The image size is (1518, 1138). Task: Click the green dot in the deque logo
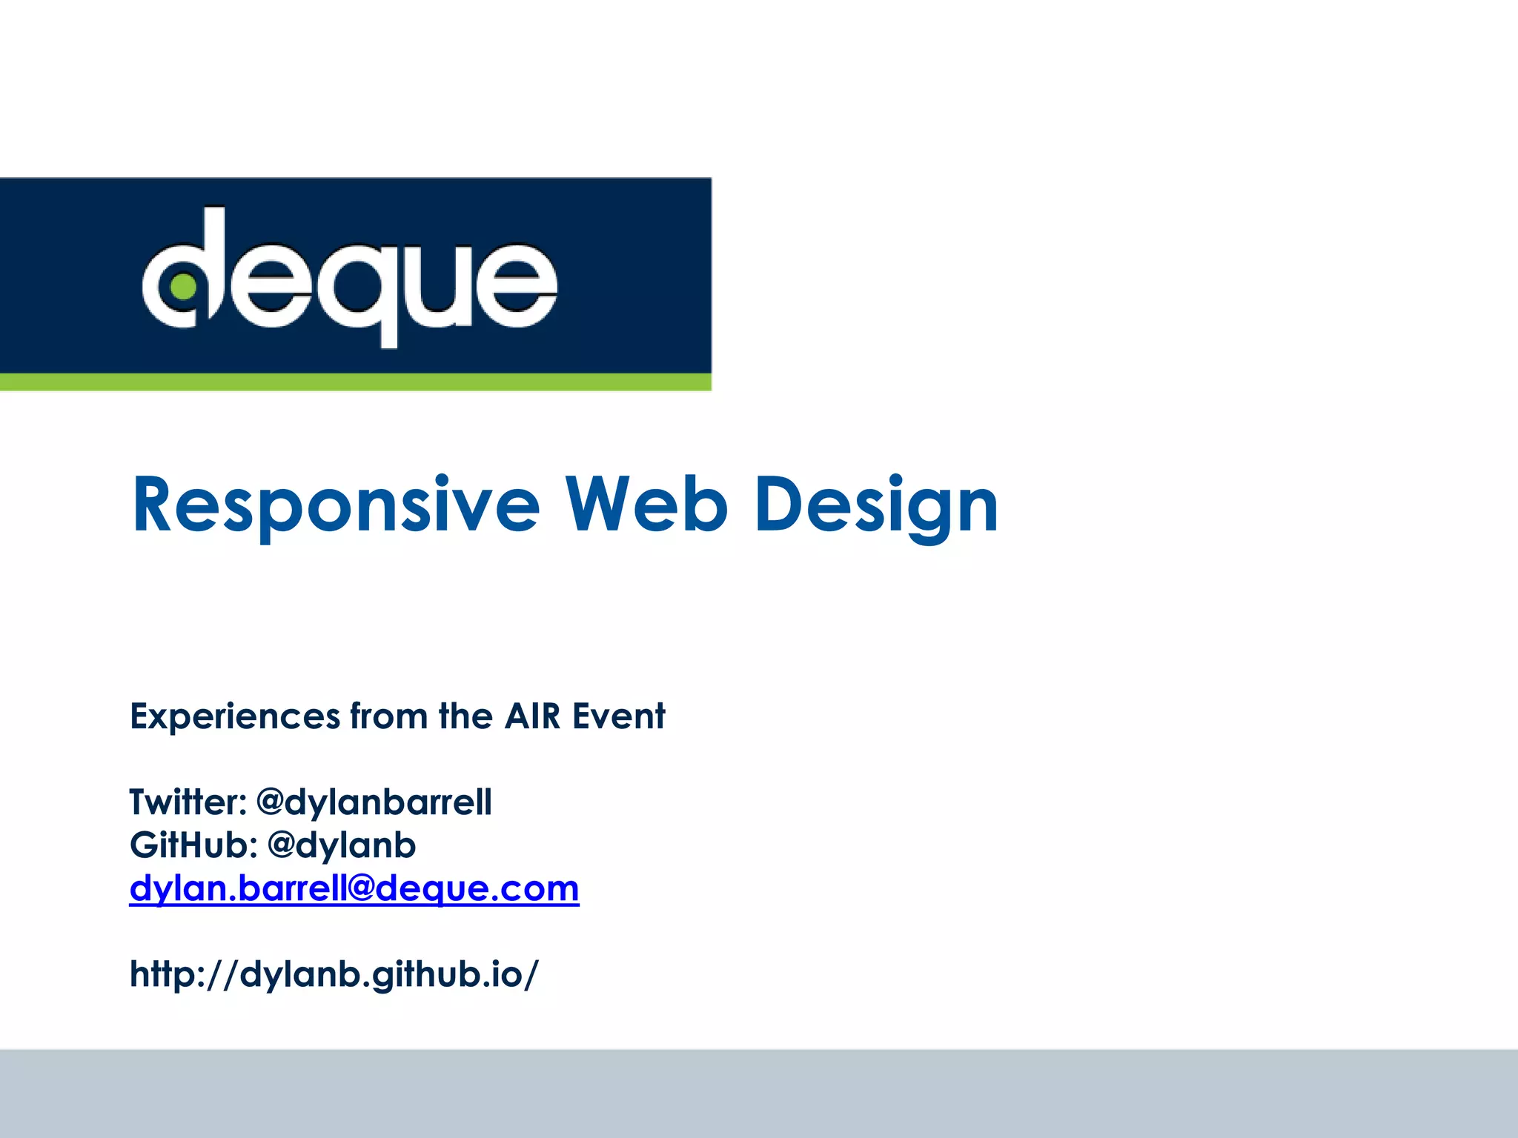pyautogui.click(x=183, y=287)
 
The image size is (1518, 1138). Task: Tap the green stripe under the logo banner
pyautogui.click(x=356, y=382)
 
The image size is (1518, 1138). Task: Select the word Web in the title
pyautogui.click(x=646, y=505)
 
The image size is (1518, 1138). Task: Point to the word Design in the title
pyautogui.click(x=876, y=506)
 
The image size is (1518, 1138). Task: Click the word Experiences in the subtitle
pyautogui.click(x=235, y=716)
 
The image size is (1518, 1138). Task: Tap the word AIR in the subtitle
pyautogui.click(x=532, y=716)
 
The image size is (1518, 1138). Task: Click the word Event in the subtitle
pyautogui.click(x=618, y=716)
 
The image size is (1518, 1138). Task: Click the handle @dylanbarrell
pyautogui.click(x=374, y=802)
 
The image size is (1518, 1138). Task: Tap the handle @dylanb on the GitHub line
pyautogui.click(x=342, y=845)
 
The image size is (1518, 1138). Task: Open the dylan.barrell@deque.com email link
pyautogui.click(x=354, y=888)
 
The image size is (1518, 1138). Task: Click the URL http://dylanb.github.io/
pyautogui.click(x=334, y=974)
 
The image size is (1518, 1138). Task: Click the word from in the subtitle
pyautogui.click(x=388, y=716)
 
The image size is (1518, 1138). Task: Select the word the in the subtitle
pyautogui.click(x=465, y=716)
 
